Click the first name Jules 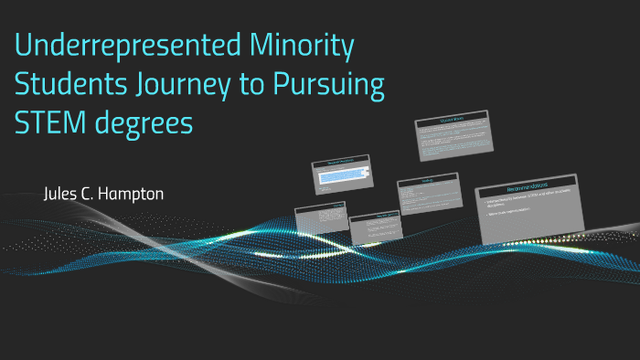point(62,195)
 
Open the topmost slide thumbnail point(452,135)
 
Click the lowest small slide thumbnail point(375,229)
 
